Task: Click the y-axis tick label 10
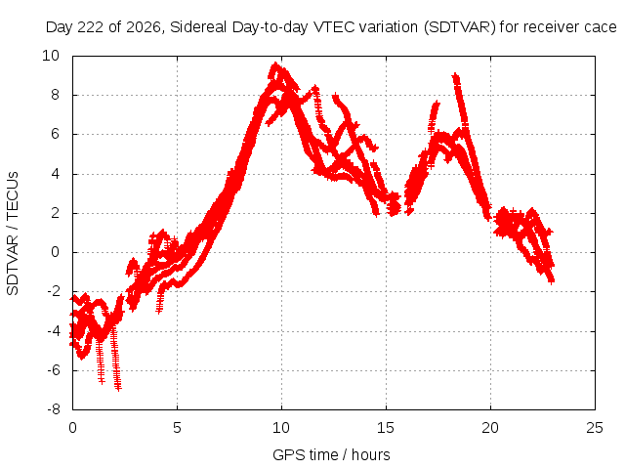coord(51,56)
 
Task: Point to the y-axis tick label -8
coord(54,409)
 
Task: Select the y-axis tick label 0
coord(56,252)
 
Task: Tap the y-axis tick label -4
coord(54,330)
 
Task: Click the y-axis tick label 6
coord(56,134)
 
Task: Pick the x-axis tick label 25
coord(595,428)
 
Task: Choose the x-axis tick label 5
coord(177,428)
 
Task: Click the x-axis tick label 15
coord(386,428)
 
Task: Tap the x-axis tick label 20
coord(490,428)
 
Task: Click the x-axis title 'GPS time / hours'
coord(331,454)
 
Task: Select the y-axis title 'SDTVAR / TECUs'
coord(13,234)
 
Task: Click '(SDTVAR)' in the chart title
coord(460,27)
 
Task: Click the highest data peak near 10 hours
coord(275,64)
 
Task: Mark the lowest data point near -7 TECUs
coord(118,388)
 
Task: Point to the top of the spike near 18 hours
coord(455,76)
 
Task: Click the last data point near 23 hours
coord(552,281)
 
